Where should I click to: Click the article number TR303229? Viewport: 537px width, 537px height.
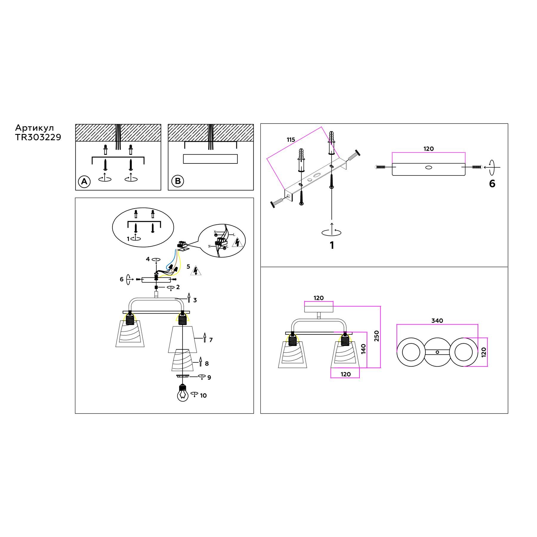38,137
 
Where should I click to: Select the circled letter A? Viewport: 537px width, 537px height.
84,181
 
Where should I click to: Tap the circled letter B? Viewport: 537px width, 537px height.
178,181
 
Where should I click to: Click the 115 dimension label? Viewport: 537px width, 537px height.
291,140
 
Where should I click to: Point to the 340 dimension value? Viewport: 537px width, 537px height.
437,321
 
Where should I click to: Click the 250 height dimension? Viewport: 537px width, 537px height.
376,336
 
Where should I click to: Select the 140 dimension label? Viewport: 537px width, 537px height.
363,349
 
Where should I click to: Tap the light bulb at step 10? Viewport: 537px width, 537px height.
183,394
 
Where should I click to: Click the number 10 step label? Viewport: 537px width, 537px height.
203,396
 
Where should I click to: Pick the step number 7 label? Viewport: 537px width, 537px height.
211,340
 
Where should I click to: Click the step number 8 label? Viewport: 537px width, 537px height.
207,363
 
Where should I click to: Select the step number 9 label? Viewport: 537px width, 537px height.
209,377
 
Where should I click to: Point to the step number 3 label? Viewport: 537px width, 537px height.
195,300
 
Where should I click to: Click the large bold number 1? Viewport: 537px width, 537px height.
332,245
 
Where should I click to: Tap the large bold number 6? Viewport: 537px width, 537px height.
492,184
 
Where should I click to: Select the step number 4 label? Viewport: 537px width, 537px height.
148,259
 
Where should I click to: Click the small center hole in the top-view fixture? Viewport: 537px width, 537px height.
437,352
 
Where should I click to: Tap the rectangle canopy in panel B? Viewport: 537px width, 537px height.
210,159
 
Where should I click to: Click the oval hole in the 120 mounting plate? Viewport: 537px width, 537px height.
428,167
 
